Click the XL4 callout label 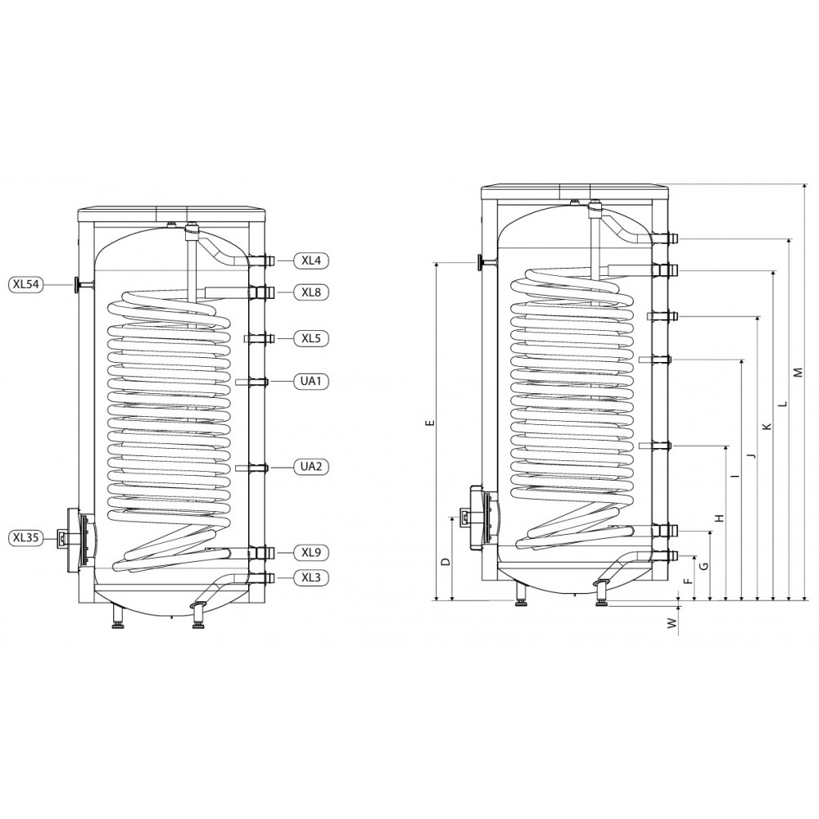[x=311, y=260]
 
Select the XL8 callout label [x=311, y=292]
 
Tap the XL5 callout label [x=311, y=338]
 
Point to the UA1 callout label [x=311, y=382]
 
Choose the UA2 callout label [x=311, y=467]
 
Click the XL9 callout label [x=311, y=552]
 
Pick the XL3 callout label [x=311, y=577]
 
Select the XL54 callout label [x=26, y=284]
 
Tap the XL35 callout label [x=26, y=537]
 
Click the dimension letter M [x=797, y=373]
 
